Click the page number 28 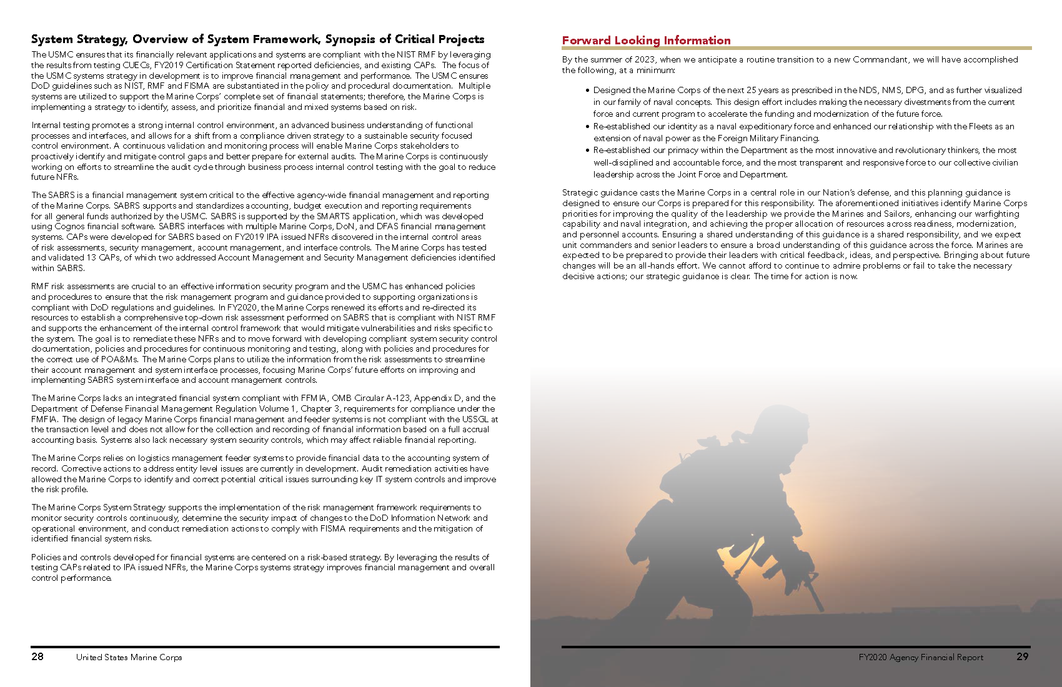(37, 656)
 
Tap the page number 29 (1022, 656)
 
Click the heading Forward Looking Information (646, 41)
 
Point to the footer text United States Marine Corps (129, 657)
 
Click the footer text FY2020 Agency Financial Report (920, 657)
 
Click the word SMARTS (333, 216)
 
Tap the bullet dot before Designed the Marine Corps (587, 91)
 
